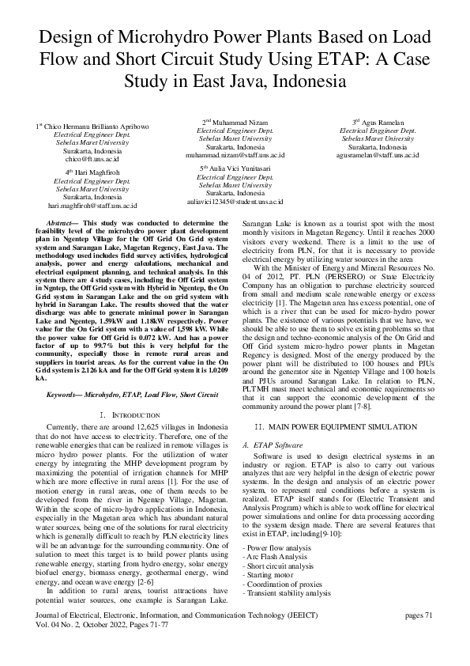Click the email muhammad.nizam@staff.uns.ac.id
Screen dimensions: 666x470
pos(235,155)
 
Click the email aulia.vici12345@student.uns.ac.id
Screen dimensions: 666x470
pos(235,201)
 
